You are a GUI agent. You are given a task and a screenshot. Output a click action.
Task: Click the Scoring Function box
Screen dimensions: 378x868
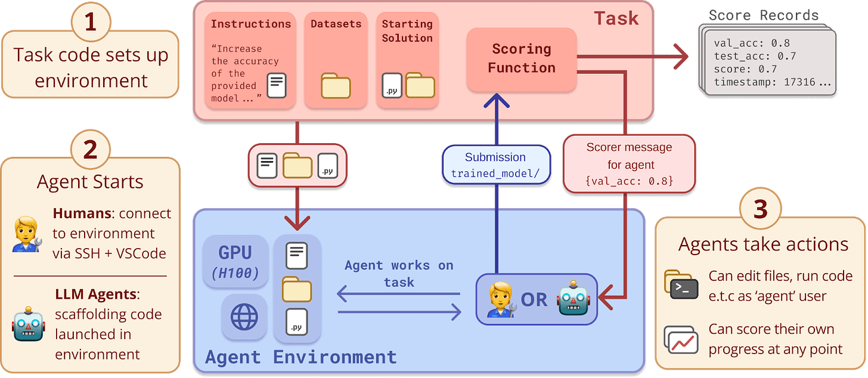click(522, 58)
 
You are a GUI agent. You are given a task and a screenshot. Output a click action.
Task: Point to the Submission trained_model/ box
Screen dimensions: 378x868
click(495, 165)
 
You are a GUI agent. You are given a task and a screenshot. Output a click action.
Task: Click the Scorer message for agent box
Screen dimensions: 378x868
click(629, 163)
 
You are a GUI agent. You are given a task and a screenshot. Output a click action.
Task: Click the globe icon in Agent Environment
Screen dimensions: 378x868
click(243, 317)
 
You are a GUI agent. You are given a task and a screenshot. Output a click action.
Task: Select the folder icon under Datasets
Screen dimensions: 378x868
click(336, 86)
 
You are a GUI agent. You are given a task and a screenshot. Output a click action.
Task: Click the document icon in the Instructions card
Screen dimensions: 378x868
click(275, 86)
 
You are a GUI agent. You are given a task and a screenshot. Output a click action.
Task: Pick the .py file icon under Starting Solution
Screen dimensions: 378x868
click(391, 86)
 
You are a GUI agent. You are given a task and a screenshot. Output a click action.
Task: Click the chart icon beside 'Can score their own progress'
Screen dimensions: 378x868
click(681, 339)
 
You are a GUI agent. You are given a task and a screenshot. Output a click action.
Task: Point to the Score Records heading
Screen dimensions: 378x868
click(764, 15)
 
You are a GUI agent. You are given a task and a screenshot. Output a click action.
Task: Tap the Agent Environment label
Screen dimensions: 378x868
click(300, 357)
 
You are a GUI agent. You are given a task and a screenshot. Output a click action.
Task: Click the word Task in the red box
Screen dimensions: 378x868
click(616, 18)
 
